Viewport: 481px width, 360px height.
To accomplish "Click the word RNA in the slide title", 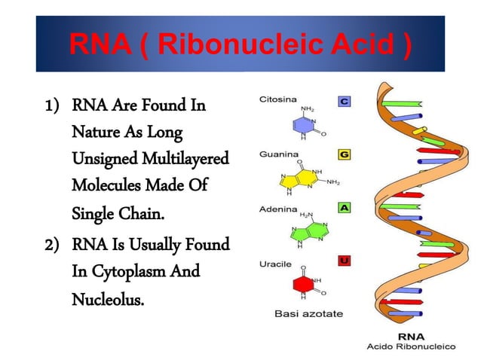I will click(x=96, y=45).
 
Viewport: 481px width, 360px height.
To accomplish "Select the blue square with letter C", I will click(x=344, y=99).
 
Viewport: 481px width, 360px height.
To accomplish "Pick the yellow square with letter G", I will click(x=344, y=154).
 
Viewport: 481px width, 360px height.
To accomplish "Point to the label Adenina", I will click(x=276, y=206).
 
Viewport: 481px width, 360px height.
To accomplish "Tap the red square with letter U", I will click(x=344, y=261).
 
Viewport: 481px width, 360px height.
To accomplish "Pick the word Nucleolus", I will click(x=106, y=299).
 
